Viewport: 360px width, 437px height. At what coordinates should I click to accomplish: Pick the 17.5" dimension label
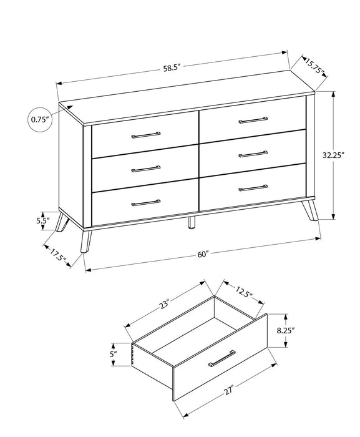[x=59, y=255]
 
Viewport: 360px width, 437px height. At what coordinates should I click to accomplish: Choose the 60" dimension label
[x=203, y=254]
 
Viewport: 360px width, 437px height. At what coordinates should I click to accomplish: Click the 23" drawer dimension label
[x=165, y=305]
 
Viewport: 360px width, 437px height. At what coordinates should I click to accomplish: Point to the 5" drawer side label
[x=113, y=355]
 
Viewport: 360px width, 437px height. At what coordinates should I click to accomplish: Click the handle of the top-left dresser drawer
[x=145, y=134]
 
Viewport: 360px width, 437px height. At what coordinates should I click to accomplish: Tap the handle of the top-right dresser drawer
[x=252, y=119]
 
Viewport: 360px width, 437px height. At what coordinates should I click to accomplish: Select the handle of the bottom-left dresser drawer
[x=145, y=202]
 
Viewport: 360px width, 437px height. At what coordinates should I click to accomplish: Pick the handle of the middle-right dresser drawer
[x=252, y=153]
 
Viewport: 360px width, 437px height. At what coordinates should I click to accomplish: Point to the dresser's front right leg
[x=308, y=213]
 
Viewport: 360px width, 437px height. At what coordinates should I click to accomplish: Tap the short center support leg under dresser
[x=192, y=223]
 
